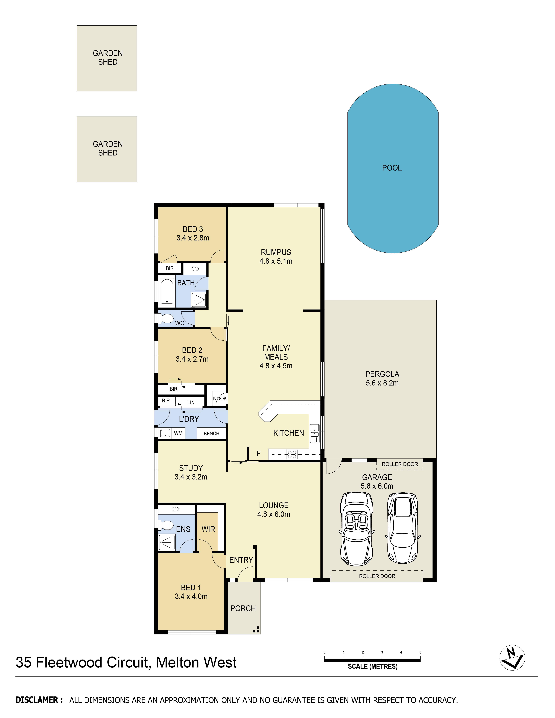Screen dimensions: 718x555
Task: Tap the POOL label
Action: coord(392,168)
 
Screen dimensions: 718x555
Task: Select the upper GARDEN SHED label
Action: coord(107,58)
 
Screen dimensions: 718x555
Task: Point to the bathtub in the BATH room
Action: coord(167,292)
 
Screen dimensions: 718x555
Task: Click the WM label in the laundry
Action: coord(178,433)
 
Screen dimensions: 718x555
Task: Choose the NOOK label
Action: coord(220,398)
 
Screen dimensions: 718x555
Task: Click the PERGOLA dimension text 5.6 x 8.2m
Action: coord(382,383)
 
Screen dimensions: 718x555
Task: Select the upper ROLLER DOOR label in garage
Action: coord(399,464)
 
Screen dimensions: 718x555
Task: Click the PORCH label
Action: coord(243,608)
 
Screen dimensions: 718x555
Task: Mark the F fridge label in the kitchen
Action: coord(258,454)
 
